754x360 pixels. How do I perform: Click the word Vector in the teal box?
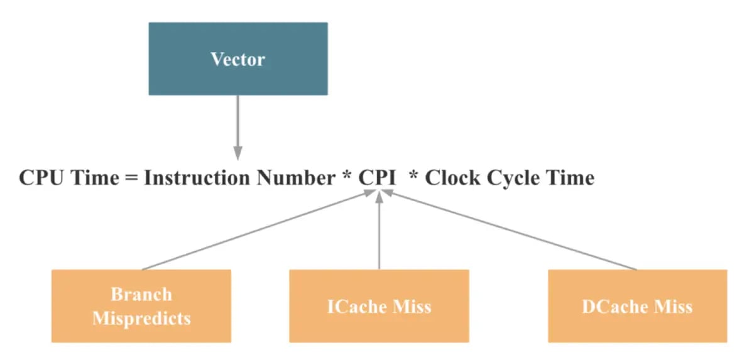coord(238,60)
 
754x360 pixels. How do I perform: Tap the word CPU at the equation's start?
coord(41,178)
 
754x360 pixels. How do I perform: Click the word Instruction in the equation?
coord(197,178)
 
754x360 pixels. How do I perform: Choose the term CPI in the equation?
coord(377,178)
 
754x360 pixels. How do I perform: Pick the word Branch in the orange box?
coord(141,294)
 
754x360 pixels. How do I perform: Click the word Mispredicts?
coord(141,318)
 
